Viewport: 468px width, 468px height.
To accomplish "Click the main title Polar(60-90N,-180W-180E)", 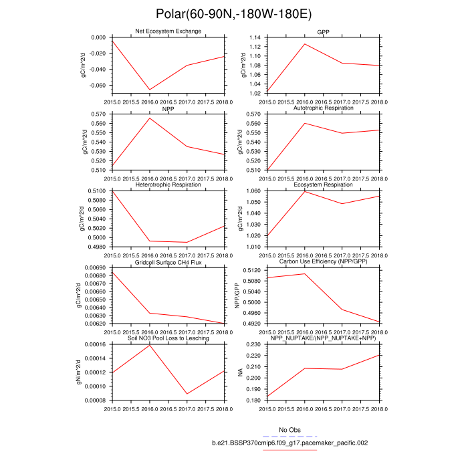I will pos(233,13).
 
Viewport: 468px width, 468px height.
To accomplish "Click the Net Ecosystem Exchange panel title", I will pos(168,31).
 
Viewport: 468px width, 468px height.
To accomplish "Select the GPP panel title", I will pos(324,31).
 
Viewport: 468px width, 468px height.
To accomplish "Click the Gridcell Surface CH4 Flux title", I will pos(168,263).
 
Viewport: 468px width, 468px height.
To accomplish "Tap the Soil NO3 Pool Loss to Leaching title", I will pos(168,338).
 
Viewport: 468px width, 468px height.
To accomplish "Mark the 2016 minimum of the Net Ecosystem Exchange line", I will pos(149,90).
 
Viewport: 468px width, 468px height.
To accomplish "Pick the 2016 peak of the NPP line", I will pos(149,118).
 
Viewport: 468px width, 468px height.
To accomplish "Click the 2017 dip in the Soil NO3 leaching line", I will pos(187,394).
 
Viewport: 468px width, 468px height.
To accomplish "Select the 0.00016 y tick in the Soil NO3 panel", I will pos(94,344).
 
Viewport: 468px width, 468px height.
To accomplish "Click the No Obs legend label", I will pos(289,429).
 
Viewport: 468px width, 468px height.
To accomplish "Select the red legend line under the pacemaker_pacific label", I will pos(289,450).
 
